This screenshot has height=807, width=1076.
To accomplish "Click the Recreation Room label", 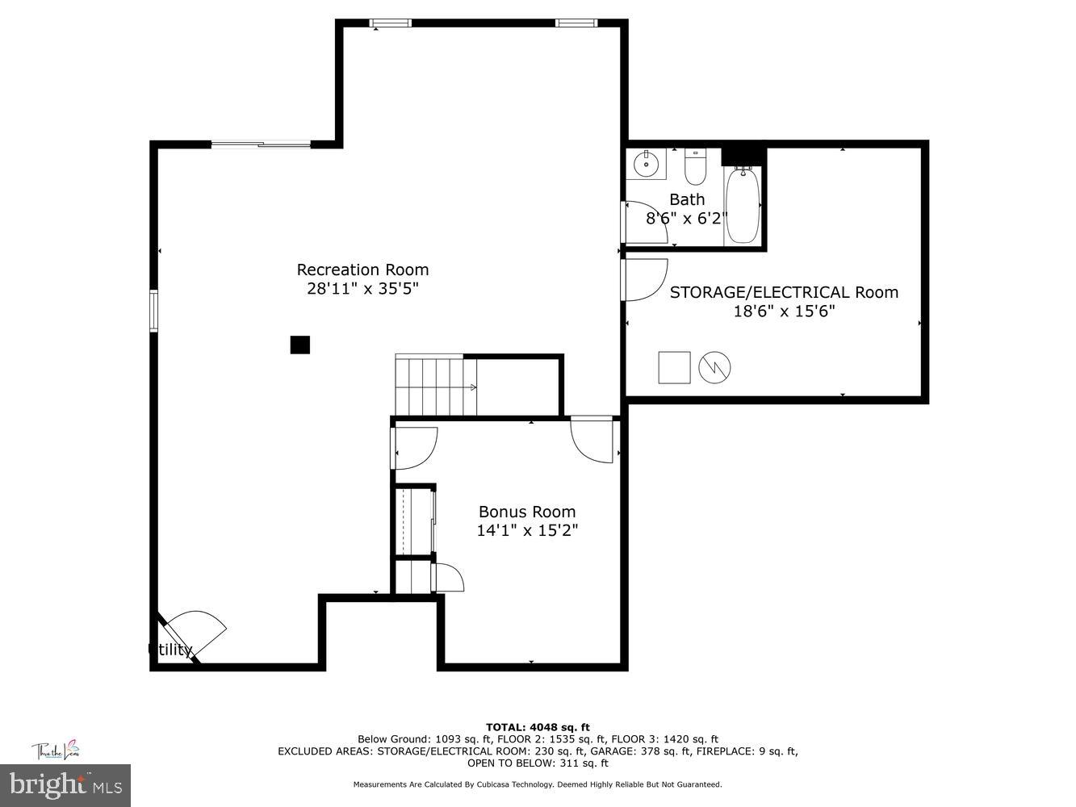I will [x=362, y=270].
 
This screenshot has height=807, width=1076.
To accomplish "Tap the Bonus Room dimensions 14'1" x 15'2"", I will [x=527, y=530].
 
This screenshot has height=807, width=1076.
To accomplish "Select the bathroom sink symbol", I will [x=647, y=164].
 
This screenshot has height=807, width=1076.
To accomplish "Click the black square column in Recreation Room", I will [x=300, y=345].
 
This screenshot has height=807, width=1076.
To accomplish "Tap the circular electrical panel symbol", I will [x=714, y=368].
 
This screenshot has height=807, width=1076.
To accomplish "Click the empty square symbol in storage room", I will [x=674, y=367].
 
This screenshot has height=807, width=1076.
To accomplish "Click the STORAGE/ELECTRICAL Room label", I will [x=783, y=292].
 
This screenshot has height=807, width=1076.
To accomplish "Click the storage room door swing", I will [x=645, y=279].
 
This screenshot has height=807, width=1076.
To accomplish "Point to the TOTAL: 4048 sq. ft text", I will [x=538, y=727].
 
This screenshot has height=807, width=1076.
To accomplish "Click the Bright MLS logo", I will [x=65, y=784].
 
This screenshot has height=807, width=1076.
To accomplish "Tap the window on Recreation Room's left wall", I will [x=153, y=311].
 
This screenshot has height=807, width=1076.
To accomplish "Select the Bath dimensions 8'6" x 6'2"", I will [x=687, y=218].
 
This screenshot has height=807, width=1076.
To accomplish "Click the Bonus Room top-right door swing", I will [x=593, y=440].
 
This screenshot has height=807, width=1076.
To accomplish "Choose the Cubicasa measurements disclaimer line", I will [x=538, y=784].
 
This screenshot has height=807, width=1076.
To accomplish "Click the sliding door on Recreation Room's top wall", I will [x=261, y=144].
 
